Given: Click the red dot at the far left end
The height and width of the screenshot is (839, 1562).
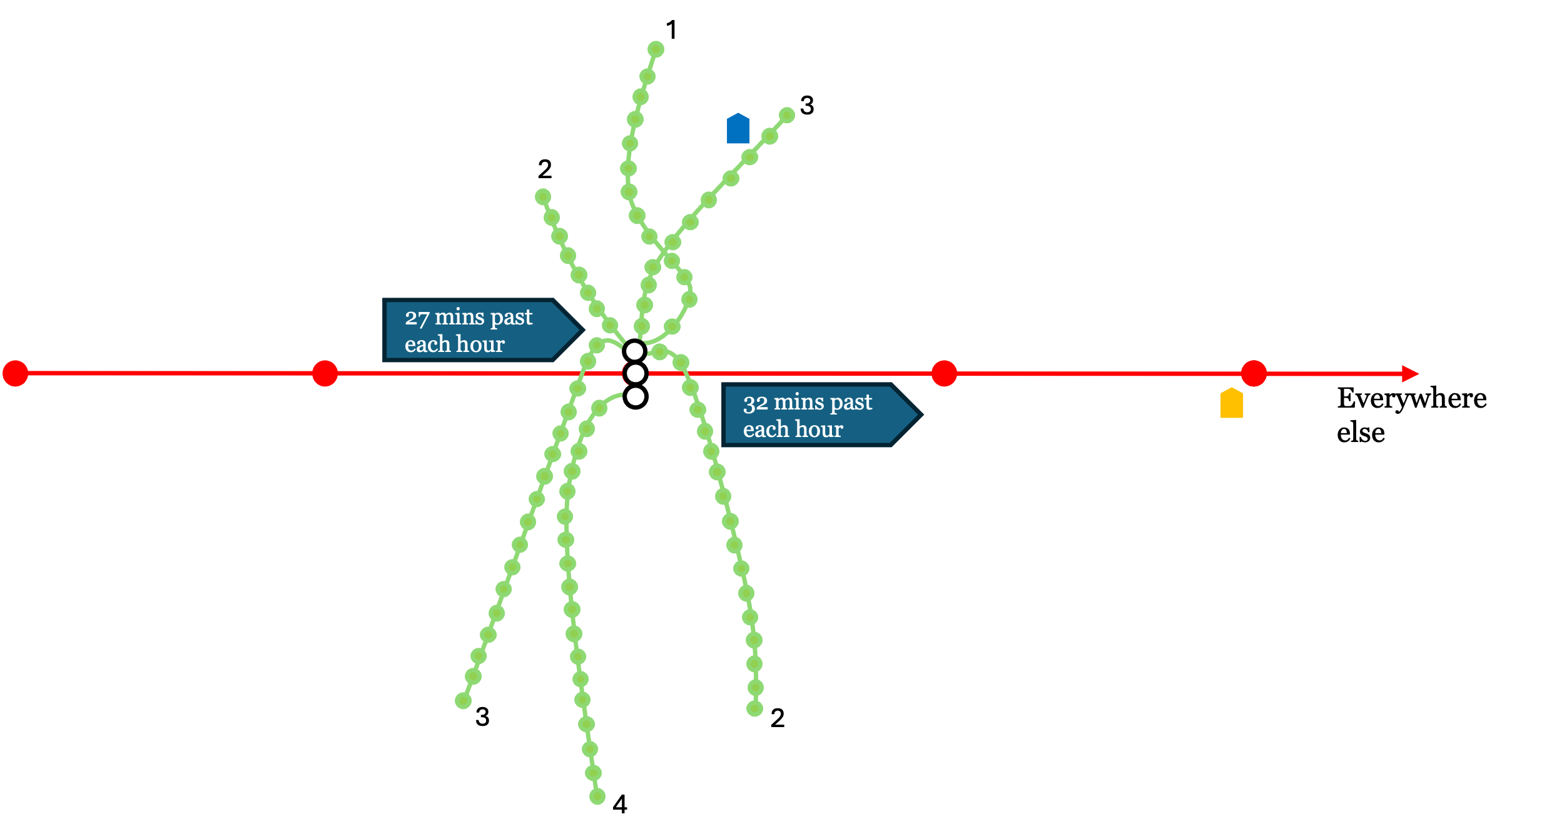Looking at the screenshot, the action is (x=15, y=373).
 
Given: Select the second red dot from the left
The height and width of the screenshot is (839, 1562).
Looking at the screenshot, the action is (x=325, y=373).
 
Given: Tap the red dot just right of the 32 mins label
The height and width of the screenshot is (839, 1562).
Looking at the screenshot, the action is (x=944, y=373).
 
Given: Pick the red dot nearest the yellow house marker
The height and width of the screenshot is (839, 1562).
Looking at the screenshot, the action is (x=1254, y=373).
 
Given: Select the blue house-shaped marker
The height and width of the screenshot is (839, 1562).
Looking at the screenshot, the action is (x=738, y=129).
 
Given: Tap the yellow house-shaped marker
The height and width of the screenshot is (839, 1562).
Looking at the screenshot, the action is (x=1232, y=403).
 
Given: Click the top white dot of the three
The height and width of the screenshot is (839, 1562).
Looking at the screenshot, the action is (x=634, y=351).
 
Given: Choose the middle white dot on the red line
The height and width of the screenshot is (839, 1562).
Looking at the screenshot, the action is (x=636, y=373).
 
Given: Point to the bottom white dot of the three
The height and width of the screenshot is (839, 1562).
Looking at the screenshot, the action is (x=636, y=396).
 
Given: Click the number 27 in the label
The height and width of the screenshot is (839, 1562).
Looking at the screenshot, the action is (x=417, y=318).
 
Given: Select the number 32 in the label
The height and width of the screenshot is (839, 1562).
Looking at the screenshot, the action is (x=755, y=403).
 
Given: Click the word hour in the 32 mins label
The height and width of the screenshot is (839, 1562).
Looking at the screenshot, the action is (x=819, y=430).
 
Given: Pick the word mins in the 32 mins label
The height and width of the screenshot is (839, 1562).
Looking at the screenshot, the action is (x=799, y=403).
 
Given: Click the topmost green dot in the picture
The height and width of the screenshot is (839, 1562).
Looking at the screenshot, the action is (x=656, y=49).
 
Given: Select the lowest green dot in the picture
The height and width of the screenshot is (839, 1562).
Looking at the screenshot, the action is (x=597, y=796).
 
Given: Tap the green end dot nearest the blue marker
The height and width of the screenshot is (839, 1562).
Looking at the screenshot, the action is (x=787, y=115).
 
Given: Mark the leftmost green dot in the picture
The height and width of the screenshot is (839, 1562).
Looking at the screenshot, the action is (x=463, y=701).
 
